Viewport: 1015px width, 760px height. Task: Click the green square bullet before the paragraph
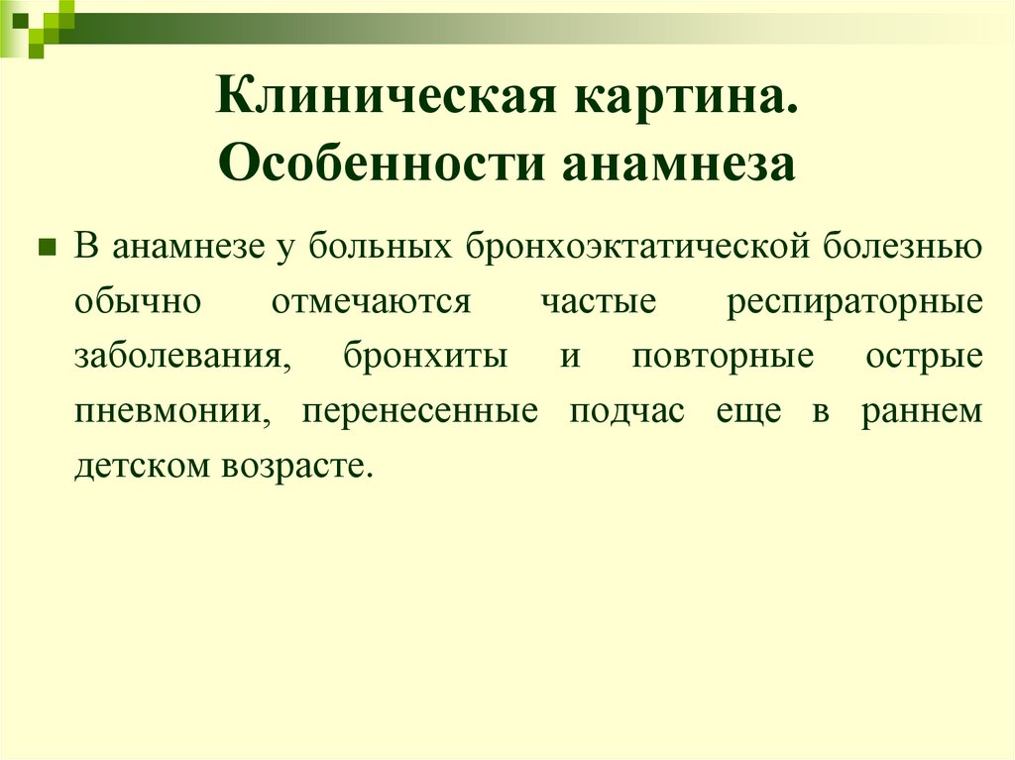[x=45, y=246]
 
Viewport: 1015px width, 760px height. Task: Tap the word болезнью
[x=902, y=246]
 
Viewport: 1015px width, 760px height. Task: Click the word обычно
[x=138, y=300]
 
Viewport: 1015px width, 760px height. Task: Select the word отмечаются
[x=371, y=300]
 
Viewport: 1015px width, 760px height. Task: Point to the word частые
[x=599, y=300]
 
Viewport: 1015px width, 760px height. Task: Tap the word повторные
[x=723, y=355]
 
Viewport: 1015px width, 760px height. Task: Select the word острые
[x=924, y=355]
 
